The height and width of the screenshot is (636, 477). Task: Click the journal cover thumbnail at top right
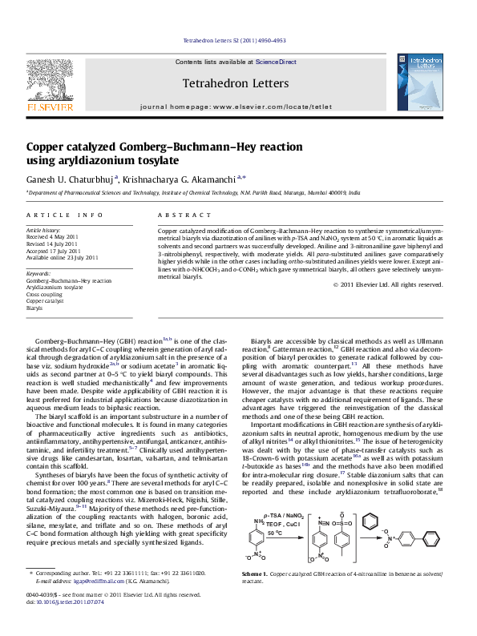pos(426,78)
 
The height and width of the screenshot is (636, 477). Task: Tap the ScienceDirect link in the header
pos(276,62)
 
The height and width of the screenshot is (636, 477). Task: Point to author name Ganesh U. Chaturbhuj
pos(71,179)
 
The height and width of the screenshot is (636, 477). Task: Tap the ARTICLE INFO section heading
pos(65,215)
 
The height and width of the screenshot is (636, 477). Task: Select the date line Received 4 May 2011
pos(53,238)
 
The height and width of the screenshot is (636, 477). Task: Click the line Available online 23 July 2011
pos(63,257)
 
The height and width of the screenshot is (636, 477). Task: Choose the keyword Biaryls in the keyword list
pos(34,307)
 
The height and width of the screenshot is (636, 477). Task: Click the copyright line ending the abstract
pos(388,284)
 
